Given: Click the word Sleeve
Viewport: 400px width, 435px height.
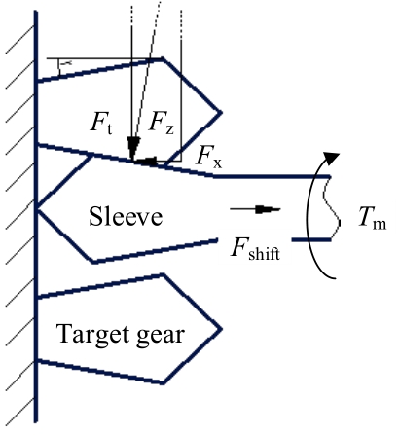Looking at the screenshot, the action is (x=126, y=216).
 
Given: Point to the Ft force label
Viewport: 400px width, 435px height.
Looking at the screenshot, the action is (x=101, y=124).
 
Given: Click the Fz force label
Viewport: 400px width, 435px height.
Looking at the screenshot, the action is (x=162, y=124).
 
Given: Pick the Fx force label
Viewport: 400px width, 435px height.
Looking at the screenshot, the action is (x=209, y=159).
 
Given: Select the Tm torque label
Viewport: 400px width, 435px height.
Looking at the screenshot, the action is (x=373, y=218).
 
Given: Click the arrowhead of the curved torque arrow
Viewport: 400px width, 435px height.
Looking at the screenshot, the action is (x=332, y=157).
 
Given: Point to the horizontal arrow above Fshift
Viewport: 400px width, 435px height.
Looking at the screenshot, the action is (x=255, y=209).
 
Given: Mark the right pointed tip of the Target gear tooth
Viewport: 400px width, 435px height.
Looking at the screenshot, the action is (x=222, y=329).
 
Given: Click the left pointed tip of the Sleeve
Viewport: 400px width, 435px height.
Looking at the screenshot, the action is (x=38, y=209).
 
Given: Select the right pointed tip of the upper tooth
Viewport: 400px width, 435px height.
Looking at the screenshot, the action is (x=221, y=112).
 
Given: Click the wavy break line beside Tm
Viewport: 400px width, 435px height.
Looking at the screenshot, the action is (x=332, y=208).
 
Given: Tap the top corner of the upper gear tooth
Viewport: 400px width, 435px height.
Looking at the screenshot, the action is (x=163, y=58).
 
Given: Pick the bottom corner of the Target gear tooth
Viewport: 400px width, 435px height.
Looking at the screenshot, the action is (x=164, y=383).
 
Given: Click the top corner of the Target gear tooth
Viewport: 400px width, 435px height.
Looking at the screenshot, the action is (x=164, y=275).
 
